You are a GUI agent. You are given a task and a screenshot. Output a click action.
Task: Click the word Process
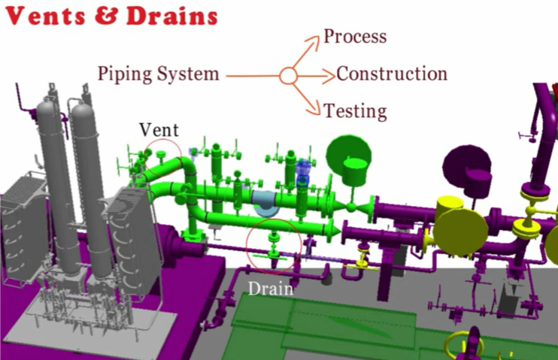tap(355, 36)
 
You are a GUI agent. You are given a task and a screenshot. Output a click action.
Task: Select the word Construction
tap(392, 74)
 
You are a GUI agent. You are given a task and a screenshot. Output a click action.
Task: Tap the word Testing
tap(355, 111)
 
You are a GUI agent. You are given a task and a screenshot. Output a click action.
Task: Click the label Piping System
tap(159, 74)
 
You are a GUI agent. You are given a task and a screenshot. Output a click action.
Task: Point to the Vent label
tap(159, 129)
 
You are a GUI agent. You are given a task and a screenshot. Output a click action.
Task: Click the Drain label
tap(270, 287)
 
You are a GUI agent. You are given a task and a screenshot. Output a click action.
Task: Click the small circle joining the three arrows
tap(287, 75)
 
